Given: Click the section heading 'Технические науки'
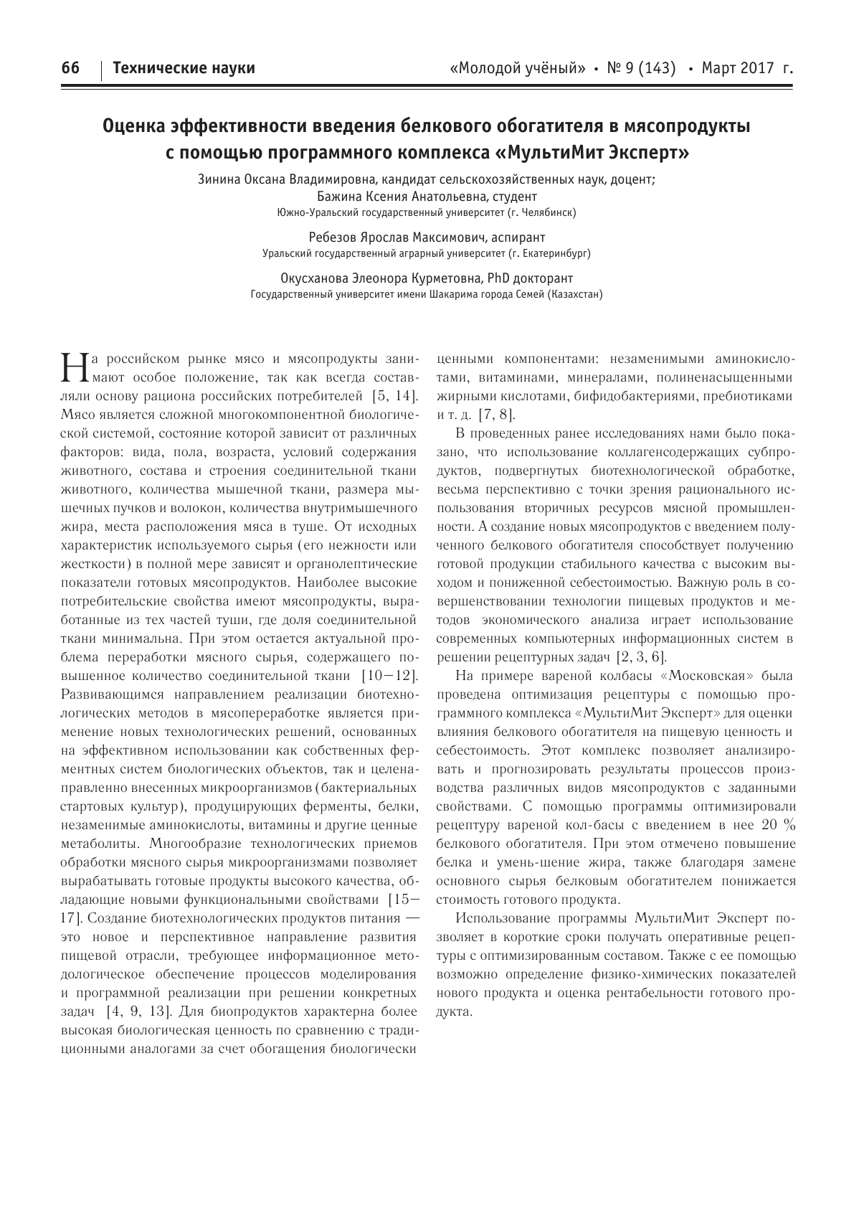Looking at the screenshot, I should point(184,68).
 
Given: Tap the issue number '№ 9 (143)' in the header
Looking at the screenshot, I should point(642,68).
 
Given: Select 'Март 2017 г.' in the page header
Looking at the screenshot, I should point(748,68).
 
